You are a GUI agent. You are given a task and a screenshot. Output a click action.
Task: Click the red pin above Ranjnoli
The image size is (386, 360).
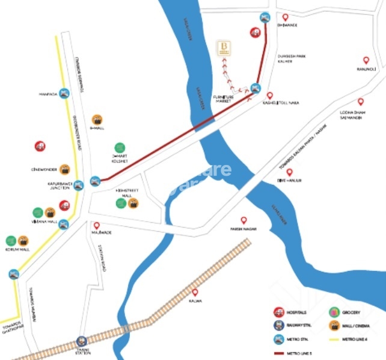click(366, 60)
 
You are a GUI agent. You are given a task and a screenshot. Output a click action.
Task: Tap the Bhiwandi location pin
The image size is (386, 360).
click(285, 18)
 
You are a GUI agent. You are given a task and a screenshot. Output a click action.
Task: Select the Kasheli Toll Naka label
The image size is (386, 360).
click(281, 103)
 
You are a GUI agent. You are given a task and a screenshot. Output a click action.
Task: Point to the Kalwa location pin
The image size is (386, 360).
click(193, 290)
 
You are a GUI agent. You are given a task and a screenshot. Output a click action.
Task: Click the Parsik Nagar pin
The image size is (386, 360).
click(244, 220)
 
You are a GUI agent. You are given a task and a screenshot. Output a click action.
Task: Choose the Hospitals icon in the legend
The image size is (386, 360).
click(279, 312)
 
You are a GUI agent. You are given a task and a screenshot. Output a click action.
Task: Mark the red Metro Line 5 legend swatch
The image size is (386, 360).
click(279, 353)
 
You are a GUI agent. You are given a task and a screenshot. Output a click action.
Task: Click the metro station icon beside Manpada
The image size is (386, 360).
click(64, 93)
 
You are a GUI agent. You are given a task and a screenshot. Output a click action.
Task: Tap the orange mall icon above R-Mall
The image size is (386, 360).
click(97, 119)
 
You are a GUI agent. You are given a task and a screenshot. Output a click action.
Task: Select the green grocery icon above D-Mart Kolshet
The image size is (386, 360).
click(120, 147)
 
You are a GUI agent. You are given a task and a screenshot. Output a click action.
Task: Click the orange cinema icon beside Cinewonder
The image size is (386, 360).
click(64, 169)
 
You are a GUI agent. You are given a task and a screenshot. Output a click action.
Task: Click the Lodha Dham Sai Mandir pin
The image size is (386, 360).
click(361, 102)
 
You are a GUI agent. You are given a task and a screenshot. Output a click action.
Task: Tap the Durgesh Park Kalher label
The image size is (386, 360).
click(284, 58)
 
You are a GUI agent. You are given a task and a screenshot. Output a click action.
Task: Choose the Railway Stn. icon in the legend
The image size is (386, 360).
click(279, 326)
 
